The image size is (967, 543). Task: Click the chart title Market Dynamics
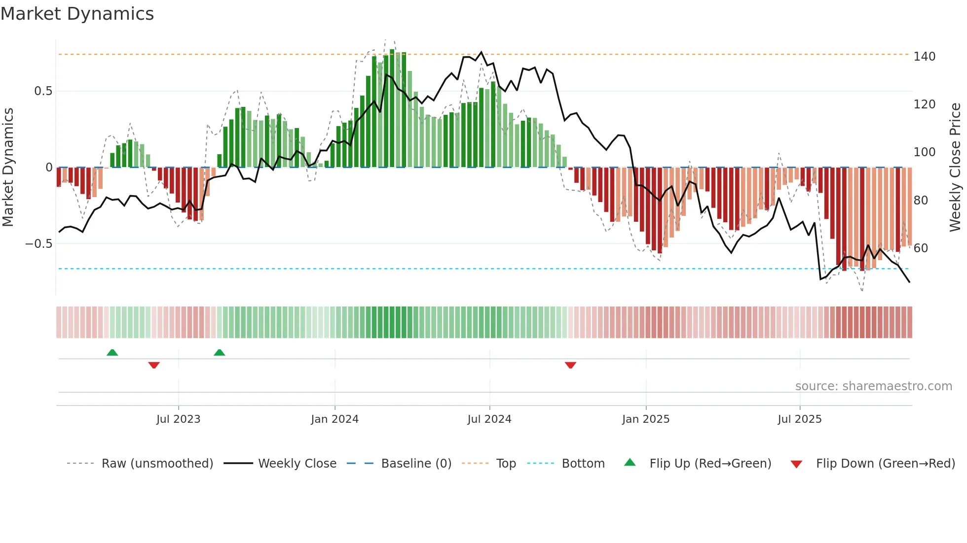coord(77,14)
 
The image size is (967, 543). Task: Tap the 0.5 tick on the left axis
coord(43,91)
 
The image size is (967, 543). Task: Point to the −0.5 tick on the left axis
coord(39,244)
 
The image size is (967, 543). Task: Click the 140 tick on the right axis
coord(924,57)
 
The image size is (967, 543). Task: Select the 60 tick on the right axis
coord(921,248)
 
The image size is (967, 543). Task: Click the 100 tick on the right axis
coord(924,152)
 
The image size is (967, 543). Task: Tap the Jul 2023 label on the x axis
coord(178,419)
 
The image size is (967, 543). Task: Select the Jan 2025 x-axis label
coord(645,419)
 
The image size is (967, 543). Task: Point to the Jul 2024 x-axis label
coord(489,419)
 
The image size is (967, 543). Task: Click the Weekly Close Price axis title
coord(955,168)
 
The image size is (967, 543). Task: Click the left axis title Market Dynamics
coord(8,168)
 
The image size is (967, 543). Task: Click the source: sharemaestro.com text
coord(873,386)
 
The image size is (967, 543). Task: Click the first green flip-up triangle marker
coord(112,352)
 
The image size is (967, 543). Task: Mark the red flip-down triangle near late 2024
coord(570,365)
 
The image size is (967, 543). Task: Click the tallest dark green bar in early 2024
coord(392,108)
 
